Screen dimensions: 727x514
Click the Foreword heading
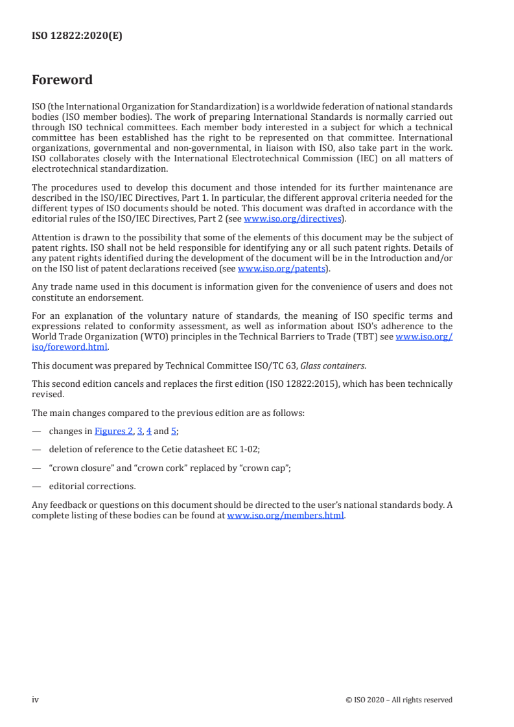[62, 80]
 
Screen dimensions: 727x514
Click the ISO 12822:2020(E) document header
[77, 36]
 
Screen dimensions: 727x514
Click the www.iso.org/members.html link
[286, 516]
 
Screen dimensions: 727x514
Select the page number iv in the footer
[36, 699]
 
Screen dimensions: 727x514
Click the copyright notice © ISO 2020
[399, 700]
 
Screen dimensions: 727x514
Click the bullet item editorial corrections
[92, 486]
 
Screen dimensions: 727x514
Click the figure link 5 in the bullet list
[174, 430]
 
